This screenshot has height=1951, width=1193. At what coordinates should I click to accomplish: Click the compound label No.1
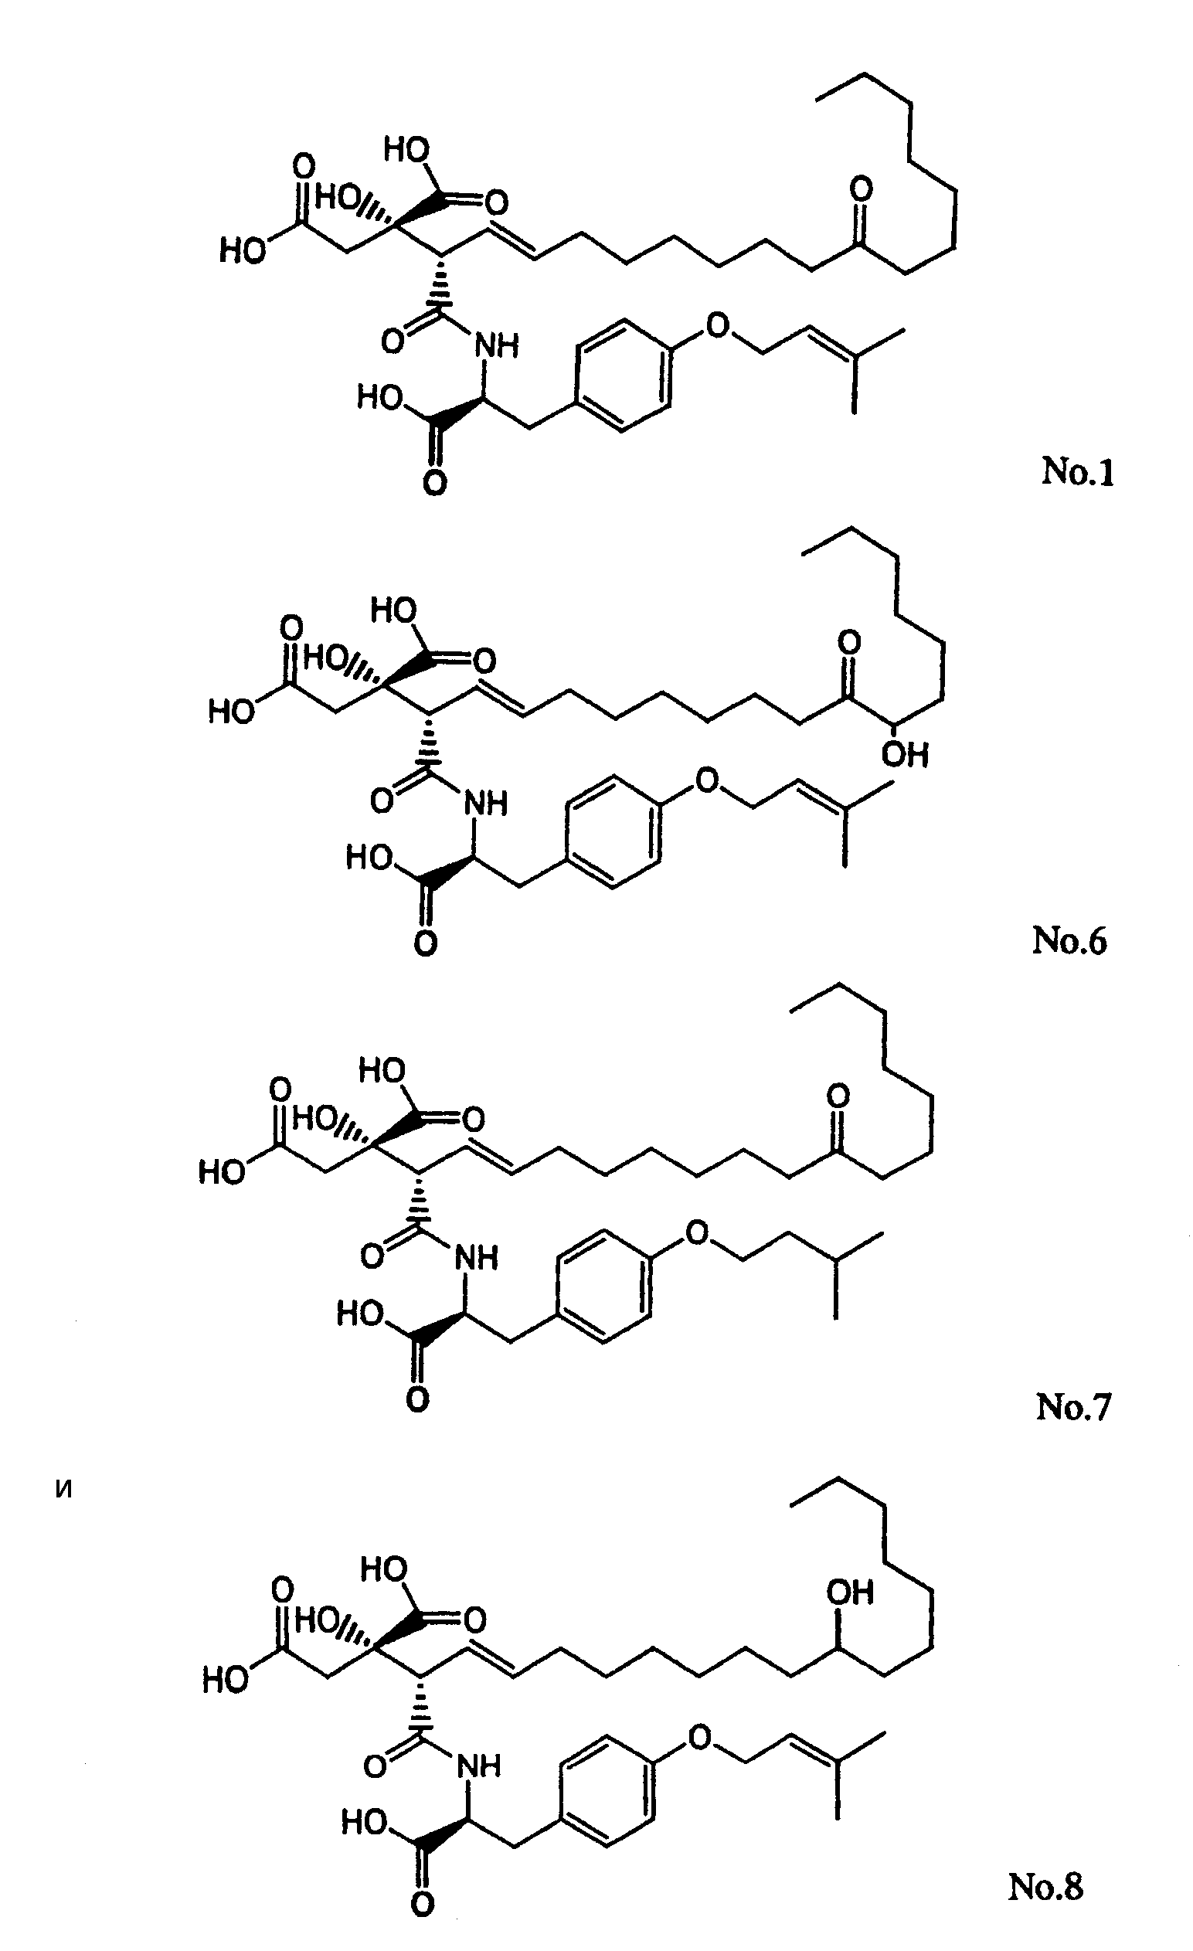[1077, 472]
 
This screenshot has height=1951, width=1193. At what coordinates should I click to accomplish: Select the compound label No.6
[1069, 940]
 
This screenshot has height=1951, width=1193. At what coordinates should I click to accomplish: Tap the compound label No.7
[1073, 1406]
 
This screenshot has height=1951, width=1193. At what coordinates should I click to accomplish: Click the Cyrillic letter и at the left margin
[65, 1490]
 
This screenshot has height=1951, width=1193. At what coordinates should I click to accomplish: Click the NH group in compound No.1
[495, 345]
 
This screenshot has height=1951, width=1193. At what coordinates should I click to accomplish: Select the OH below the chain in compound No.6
[905, 755]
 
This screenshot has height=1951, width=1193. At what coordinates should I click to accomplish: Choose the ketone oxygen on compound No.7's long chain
[838, 1096]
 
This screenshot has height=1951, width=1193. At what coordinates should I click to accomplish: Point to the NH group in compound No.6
[484, 804]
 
